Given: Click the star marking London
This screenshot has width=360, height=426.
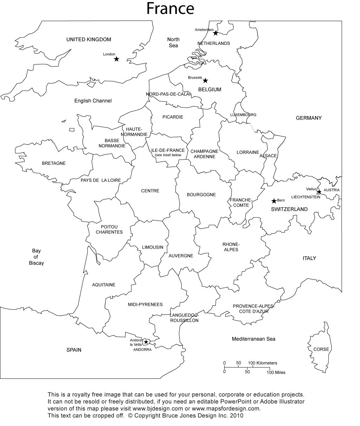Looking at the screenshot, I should [116, 59].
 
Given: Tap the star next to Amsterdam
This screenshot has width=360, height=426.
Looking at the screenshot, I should [215, 33].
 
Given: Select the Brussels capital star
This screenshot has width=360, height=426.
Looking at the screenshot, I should [206, 81].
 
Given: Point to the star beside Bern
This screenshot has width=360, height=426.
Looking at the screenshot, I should [274, 201].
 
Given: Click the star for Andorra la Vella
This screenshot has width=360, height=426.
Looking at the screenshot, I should [146, 342].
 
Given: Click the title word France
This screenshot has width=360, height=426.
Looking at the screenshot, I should [170, 9].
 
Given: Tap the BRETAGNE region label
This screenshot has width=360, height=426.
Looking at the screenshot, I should [54, 163].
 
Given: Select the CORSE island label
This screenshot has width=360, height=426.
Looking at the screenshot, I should [321, 349].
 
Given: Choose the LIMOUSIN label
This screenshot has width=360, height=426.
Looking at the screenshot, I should [153, 247].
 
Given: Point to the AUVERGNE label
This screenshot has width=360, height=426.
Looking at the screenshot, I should [181, 256].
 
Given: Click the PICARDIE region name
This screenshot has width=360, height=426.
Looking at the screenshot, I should [173, 117].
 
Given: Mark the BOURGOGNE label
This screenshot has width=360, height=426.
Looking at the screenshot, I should [201, 195].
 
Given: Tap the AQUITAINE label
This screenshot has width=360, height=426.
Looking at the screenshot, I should [104, 285].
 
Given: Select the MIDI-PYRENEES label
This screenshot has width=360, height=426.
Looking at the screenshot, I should [145, 305].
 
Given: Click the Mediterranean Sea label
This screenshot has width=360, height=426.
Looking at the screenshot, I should [253, 339].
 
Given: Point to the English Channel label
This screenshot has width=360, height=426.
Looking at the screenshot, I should [93, 101].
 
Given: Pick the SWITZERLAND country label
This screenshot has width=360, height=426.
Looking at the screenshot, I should [289, 209].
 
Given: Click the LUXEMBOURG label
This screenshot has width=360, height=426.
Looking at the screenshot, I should [243, 115].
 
